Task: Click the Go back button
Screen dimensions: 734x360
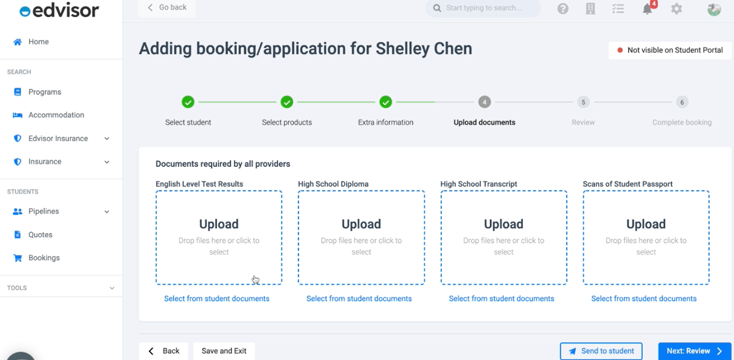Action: click(x=167, y=8)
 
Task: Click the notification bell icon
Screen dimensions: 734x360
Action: click(x=647, y=8)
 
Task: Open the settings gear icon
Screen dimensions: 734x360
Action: click(x=676, y=8)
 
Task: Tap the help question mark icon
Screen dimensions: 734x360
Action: click(x=563, y=8)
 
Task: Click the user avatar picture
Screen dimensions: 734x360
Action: click(x=714, y=9)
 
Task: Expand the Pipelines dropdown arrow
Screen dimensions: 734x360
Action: click(x=107, y=212)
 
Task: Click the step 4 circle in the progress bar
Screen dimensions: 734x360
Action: click(x=484, y=102)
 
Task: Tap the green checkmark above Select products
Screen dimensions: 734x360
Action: click(x=287, y=102)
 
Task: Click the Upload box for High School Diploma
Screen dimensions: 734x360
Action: click(x=361, y=237)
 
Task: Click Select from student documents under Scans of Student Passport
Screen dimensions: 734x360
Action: click(x=644, y=298)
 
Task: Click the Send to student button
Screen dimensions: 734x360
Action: click(x=601, y=351)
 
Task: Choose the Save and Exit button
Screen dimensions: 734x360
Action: click(x=224, y=351)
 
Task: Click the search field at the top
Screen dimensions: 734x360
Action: click(x=483, y=8)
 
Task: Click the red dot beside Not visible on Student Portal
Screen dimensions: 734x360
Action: click(x=620, y=50)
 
